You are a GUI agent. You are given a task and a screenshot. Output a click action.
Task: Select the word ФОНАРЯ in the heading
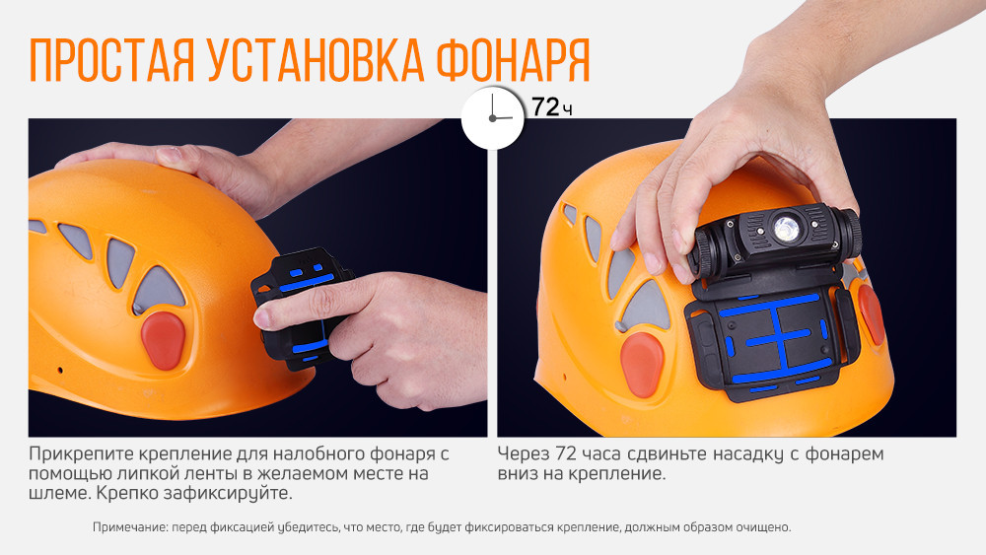point(512,61)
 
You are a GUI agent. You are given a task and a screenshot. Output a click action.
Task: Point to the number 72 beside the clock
point(545,107)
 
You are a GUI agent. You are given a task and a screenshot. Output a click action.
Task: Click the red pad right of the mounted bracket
point(870,314)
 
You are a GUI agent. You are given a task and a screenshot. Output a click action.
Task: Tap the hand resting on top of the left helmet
point(168,163)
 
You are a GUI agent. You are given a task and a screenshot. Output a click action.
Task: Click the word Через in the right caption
point(523,454)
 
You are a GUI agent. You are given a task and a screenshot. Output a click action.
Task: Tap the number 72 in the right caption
point(567,454)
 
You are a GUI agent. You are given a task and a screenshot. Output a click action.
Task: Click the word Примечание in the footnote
point(129,527)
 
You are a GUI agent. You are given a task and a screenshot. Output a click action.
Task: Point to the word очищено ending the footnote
point(764,527)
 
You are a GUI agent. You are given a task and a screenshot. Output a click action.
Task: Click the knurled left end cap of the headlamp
point(707,251)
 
